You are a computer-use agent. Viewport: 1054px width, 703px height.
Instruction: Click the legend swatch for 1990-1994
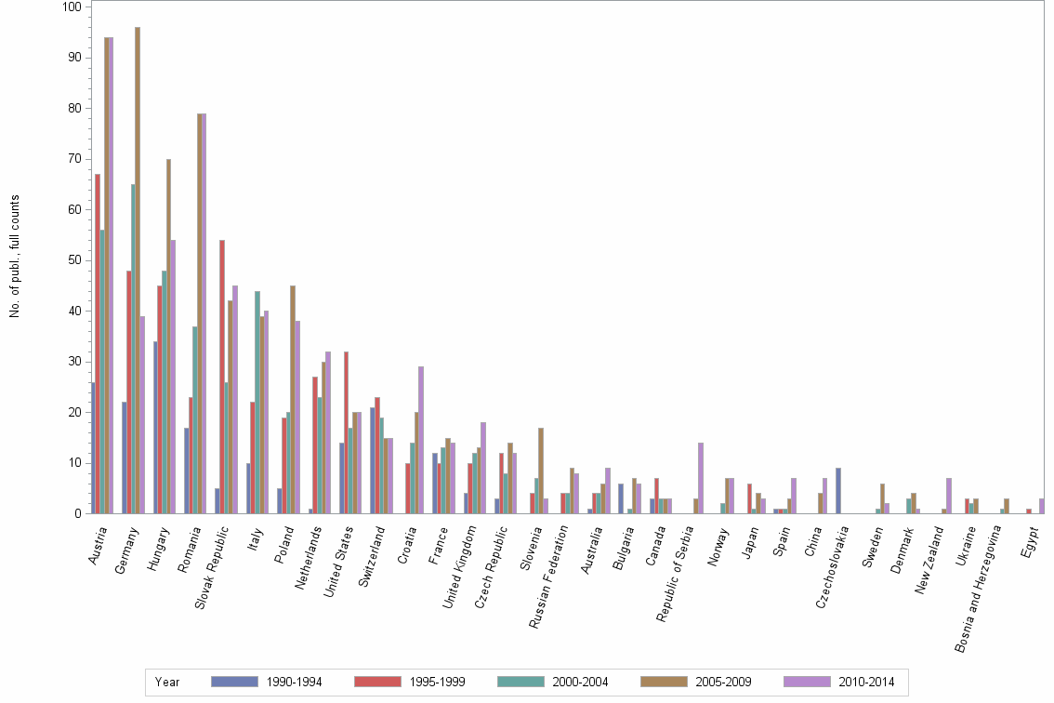(x=233, y=682)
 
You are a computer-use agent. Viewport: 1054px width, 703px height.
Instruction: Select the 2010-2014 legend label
(x=865, y=683)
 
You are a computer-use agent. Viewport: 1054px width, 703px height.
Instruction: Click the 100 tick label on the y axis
(x=71, y=7)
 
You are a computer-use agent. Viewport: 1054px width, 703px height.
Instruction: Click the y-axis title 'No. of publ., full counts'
(x=15, y=256)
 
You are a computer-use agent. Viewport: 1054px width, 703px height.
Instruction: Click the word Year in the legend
(x=168, y=683)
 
